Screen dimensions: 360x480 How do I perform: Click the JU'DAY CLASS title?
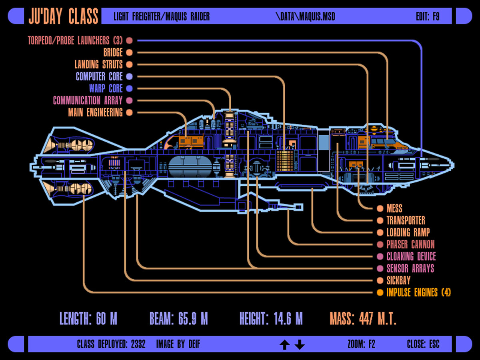pos(63,16)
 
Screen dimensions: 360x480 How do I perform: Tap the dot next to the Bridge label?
pos(129,52)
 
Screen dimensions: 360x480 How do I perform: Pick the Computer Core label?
pos(99,76)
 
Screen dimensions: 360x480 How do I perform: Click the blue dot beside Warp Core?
pos(129,88)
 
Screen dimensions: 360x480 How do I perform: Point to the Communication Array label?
pos(88,100)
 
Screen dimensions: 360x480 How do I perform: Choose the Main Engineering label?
pos(95,112)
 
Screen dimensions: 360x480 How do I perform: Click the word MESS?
pos(394,208)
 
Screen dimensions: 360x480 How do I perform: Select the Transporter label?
pos(406,220)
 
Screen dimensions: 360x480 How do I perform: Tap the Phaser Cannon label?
pos(410,244)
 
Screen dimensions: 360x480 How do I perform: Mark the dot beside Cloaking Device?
pos(380,256)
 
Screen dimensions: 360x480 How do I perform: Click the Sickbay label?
pos(398,280)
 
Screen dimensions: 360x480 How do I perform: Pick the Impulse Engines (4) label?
pos(418,292)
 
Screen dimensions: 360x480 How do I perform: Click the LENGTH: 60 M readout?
pos(88,319)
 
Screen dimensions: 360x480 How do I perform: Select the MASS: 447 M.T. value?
pos(363,319)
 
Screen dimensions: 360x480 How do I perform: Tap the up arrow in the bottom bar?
pos(284,344)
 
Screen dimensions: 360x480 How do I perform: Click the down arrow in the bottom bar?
pos(300,344)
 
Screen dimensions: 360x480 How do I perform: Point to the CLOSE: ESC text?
pos(423,344)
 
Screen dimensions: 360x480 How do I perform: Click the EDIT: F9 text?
pos(428,16)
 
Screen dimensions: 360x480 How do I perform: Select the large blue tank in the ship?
pos(189,166)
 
